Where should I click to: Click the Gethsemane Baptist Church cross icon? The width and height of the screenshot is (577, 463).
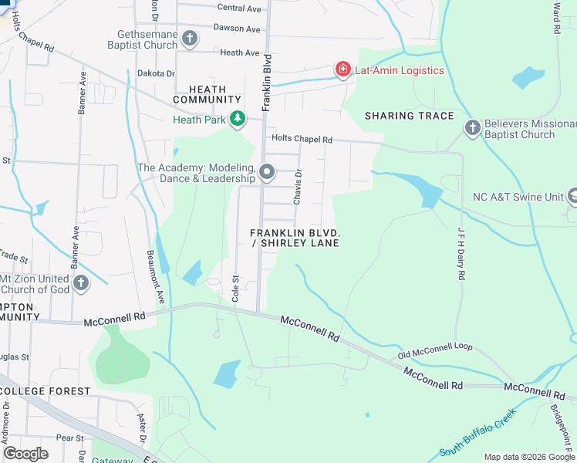coord(190,38)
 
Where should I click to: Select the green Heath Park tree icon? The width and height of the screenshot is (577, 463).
coord(238,119)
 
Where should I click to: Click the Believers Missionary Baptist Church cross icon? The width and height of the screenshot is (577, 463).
coord(472,127)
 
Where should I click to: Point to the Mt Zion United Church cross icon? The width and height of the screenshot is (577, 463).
coord(82,283)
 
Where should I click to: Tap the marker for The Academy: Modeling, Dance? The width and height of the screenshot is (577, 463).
coord(267,172)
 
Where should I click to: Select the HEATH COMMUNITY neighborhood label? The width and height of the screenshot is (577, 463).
coord(207,94)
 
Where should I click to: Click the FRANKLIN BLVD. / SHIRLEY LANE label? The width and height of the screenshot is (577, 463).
coord(295,238)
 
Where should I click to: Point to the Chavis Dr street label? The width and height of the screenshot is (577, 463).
coord(297,188)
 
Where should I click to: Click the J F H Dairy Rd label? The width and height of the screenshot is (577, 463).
coord(461,265)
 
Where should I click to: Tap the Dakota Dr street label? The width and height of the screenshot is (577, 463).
coord(156,73)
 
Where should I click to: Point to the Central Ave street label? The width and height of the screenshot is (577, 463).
coord(239,8)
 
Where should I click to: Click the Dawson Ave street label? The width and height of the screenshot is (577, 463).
coord(238,29)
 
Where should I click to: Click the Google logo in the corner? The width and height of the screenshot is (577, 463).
coord(26,454)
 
